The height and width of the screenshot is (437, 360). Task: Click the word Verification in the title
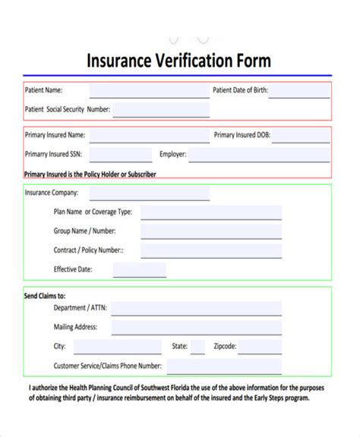(x=192, y=60)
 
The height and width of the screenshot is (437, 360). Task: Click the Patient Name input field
(x=149, y=91)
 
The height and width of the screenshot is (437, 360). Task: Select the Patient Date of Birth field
(x=300, y=91)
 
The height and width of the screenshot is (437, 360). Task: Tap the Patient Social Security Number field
(x=161, y=110)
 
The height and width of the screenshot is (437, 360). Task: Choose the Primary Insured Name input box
(x=149, y=137)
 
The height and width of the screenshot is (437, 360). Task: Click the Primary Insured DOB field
(x=302, y=137)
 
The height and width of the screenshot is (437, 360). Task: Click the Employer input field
(x=258, y=155)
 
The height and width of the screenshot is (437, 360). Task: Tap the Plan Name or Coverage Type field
(x=210, y=212)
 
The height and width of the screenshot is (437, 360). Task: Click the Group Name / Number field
(x=210, y=231)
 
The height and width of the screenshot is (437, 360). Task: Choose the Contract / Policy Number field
(x=210, y=250)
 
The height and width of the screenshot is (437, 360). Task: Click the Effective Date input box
(x=128, y=270)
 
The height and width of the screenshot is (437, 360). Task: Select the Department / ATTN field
(x=196, y=309)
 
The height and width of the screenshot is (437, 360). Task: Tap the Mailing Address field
(x=196, y=328)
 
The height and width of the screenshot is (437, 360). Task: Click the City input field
(x=117, y=347)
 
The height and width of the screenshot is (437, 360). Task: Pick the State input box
(x=197, y=347)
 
